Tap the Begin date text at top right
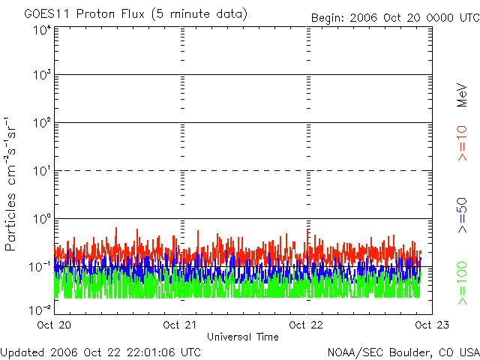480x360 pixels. [395, 18]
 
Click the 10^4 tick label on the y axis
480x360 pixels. [42, 30]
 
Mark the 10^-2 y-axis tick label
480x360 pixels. [40, 309]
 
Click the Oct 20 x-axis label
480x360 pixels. [53, 325]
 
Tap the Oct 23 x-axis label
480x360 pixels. [428, 325]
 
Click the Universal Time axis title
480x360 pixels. [242, 337]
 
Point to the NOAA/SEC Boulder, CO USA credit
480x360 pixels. [403, 352]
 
